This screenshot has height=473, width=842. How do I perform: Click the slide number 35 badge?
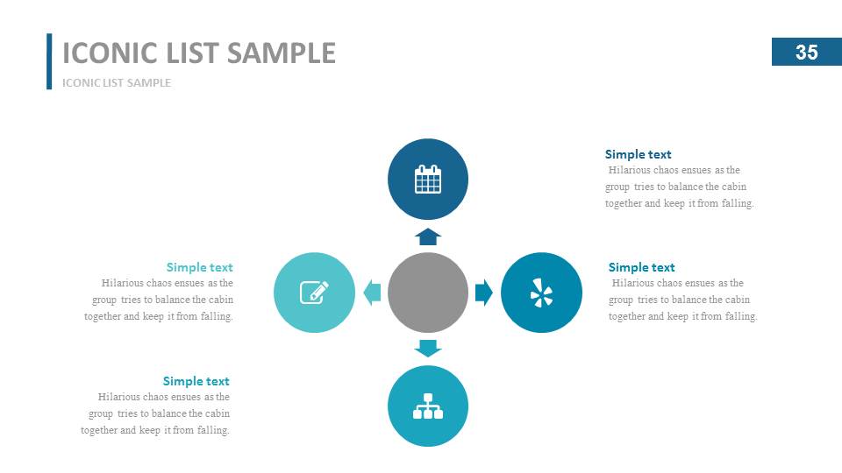806,53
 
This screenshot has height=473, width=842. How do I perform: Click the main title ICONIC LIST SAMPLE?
199,53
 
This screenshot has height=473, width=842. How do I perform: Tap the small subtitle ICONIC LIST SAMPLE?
117,83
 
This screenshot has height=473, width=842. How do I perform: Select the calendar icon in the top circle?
428,179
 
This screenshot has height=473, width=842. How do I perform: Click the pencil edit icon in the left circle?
314,292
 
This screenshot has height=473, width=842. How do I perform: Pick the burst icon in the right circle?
541,293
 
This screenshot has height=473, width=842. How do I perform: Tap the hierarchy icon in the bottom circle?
428,406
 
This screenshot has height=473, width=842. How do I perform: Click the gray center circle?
428,293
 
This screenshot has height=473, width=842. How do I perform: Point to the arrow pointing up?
428,236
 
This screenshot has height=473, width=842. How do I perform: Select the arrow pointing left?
373,293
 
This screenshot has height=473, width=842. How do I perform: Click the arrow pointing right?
483,293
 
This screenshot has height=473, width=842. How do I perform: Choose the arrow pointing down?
428,348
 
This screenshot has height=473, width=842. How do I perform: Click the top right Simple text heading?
638,155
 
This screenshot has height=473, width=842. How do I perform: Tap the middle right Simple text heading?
641,267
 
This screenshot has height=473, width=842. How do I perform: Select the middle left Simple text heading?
199,267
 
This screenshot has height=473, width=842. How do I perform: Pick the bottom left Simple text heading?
196,381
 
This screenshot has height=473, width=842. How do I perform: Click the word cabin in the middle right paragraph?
738,300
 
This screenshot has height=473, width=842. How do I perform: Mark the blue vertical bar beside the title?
49,61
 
